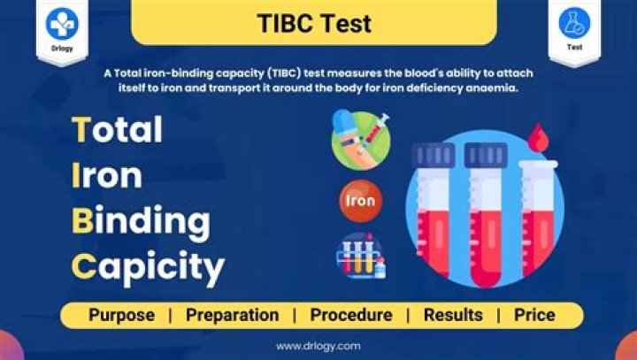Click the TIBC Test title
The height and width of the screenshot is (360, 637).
[313, 22]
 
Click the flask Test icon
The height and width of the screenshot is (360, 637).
[574, 23]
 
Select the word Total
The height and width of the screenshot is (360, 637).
[117, 130]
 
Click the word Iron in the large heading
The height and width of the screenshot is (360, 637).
[106, 175]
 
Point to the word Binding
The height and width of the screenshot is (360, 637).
[141, 220]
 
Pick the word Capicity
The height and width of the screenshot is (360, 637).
[148, 264]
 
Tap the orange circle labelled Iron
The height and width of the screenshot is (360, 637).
[360, 201]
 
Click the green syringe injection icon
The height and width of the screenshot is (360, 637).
[360, 139]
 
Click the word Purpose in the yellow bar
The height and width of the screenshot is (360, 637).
[121, 315]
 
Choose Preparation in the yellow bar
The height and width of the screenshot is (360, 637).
[233, 315]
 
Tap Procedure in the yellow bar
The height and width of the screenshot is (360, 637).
[351, 315]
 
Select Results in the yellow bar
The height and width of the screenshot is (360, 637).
[453, 315]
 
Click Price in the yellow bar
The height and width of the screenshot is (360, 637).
[534, 315]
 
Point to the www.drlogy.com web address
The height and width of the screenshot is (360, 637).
[318, 346]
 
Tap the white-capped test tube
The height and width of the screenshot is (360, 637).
[538, 221]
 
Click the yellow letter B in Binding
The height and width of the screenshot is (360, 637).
[82, 220]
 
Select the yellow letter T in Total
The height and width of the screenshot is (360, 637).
[81, 130]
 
